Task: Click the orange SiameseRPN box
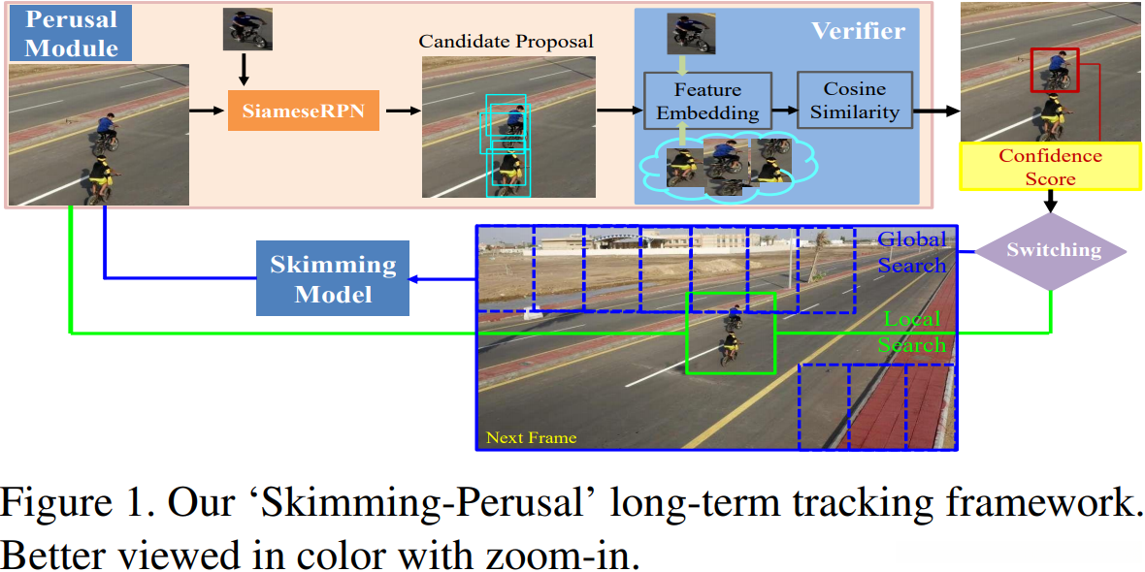point(304,110)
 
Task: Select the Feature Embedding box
point(706,101)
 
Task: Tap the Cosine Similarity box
point(855,101)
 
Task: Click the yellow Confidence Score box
point(1051,167)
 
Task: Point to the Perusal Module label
point(72,34)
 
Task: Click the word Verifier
point(858,31)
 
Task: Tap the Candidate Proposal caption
point(506,42)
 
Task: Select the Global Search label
point(911,252)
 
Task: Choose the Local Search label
point(911,332)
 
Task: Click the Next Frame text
point(531,437)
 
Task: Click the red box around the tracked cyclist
point(1054,70)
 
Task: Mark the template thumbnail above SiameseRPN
point(246,29)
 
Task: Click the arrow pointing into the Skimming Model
point(442,280)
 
